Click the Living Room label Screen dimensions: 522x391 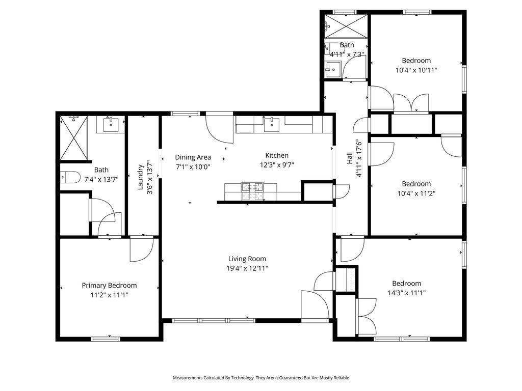pyautogui.click(x=247, y=259)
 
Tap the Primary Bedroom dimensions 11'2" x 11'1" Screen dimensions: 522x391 pyautogui.click(x=109, y=295)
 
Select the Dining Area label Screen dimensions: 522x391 pyautogui.click(x=193, y=157)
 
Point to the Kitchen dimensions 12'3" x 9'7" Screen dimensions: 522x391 pyautogui.click(x=277, y=165)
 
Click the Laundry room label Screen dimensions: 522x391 pyautogui.click(x=140, y=177)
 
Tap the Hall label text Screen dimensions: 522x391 pyautogui.click(x=349, y=158)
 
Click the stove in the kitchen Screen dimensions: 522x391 pyautogui.click(x=252, y=191)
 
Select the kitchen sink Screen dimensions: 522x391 pyautogui.click(x=272, y=124)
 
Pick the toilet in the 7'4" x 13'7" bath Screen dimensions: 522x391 pyautogui.click(x=70, y=177)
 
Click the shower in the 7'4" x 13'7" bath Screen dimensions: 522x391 pyautogui.click(x=73, y=137)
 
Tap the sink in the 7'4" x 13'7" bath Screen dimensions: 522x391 pyautogui.click(x=111, y=124)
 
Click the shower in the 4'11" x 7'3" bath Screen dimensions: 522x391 pyautogui.click(x=346, y=26)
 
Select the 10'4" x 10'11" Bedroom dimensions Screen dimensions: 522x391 pyautogui.click(x=416, y=70)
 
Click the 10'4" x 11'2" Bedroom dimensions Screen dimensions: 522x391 pyautogui.click(x=416, y=193)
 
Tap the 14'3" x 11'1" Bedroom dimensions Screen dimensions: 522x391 pyautogui.click(x=406, y=293)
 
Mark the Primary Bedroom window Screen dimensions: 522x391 pyautogui.click(x=106, y=339)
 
